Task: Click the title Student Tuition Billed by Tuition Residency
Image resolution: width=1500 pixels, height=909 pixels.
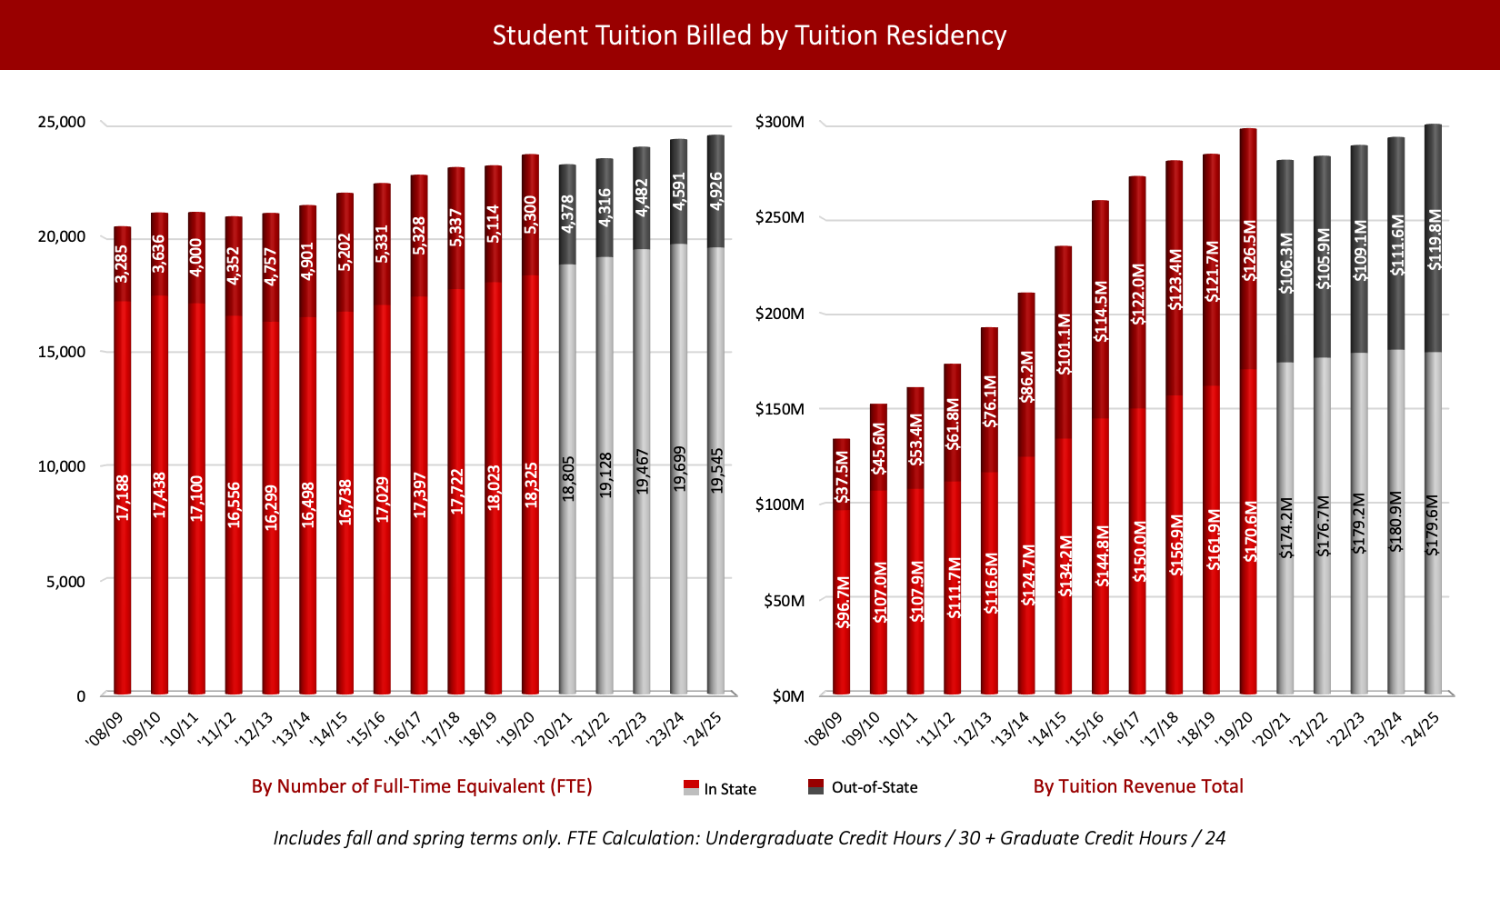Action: (749, 35)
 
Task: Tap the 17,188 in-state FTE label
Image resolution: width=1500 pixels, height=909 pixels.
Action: (123, 496)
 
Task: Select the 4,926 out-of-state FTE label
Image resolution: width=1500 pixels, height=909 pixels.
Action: (716, 191)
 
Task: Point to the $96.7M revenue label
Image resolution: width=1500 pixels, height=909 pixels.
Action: (843, 603)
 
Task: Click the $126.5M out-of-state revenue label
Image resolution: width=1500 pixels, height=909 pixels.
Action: (1249, 250)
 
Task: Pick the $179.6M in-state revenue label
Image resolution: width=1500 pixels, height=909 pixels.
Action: (1433, 524)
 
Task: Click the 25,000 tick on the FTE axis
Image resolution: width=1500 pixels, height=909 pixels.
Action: (60, 122)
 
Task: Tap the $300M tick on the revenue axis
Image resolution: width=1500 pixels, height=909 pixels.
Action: (780, 122)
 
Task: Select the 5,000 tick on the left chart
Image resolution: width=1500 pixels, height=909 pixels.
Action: (66, 582)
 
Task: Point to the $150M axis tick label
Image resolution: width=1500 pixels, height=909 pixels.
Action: (780, 409)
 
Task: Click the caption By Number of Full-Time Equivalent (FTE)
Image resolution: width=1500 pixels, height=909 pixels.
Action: (422, 786)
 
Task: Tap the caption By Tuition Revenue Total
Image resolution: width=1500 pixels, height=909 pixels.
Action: (1137, 786)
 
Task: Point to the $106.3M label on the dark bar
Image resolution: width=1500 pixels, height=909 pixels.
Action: (1285, 264)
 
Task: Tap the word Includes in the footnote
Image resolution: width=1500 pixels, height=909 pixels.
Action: (307, 838)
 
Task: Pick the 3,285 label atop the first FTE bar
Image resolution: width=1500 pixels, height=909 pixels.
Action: (123, 263)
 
